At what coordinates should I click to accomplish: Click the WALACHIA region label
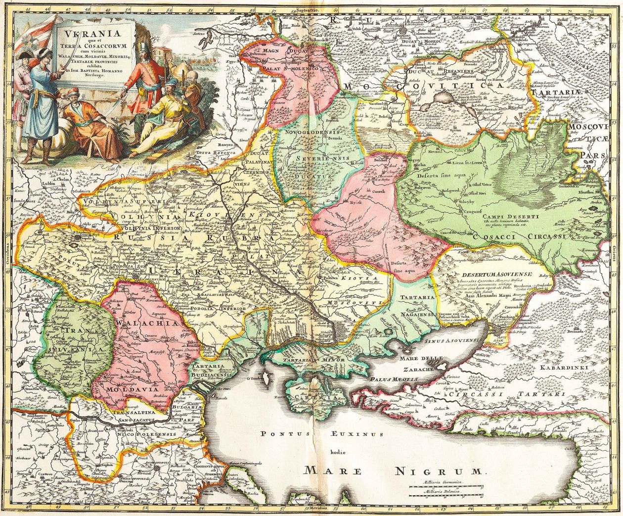(139, 323)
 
